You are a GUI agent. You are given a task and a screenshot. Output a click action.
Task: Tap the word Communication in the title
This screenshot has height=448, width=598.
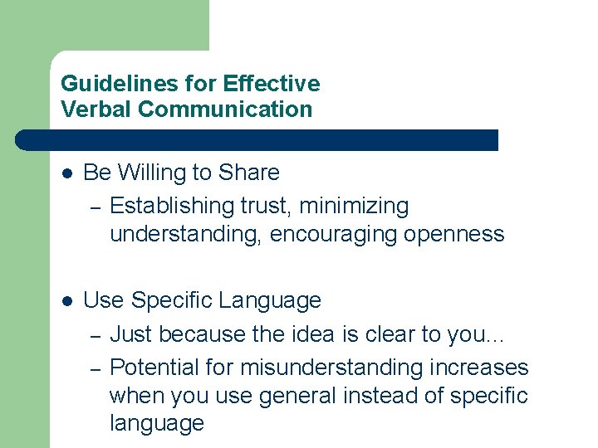point(226,109)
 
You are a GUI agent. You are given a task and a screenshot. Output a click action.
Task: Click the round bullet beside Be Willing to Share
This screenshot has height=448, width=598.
point(68,173)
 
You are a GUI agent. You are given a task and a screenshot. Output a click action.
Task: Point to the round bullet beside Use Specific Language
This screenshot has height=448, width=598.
point(68,301)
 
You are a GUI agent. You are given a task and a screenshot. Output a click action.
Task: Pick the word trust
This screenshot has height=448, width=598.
point(267,205)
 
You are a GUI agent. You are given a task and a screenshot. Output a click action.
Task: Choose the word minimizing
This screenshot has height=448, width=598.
point(355,205)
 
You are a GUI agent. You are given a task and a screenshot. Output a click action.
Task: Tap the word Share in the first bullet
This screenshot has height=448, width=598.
point(248,173)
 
